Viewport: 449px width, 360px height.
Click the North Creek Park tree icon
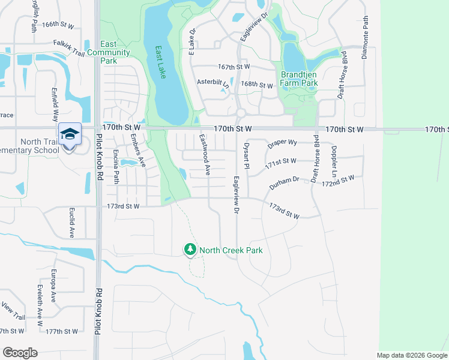point(190,250)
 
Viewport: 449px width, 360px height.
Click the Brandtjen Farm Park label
point(299,79)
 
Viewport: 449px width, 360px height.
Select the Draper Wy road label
point(283,143)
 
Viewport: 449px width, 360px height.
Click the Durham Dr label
point(284,183)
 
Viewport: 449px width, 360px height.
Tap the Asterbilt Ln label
point(213,82)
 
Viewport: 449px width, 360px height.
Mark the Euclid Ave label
point(71,224)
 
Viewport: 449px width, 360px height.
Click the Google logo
point(20,352)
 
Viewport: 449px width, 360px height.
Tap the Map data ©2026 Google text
point(412,355)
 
